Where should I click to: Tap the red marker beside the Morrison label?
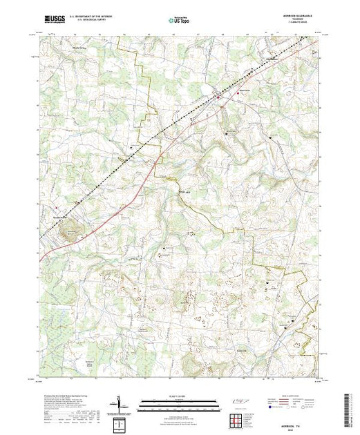(x=240, y=92)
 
